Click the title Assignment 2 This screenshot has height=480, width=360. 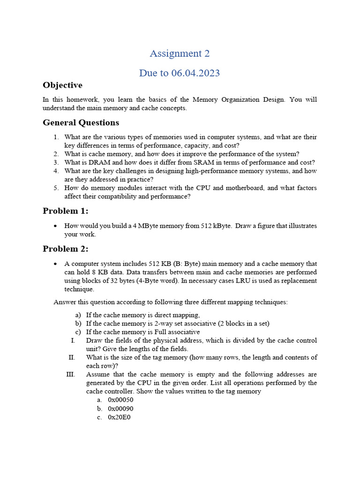click(180, 53)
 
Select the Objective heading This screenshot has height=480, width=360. click(62, 85)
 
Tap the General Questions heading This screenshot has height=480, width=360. click(81, 123)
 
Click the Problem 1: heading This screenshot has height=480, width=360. click(65, 211)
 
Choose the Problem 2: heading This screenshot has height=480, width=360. click(65, 248)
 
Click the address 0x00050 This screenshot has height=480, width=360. click(120, 400)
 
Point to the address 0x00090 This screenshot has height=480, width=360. click(120, 408)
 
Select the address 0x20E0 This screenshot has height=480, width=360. click(119, 417)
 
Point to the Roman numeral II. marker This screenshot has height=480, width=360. click(72, 358)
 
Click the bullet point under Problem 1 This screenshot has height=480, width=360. click(56, 226)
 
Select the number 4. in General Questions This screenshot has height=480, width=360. click(56, 171)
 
